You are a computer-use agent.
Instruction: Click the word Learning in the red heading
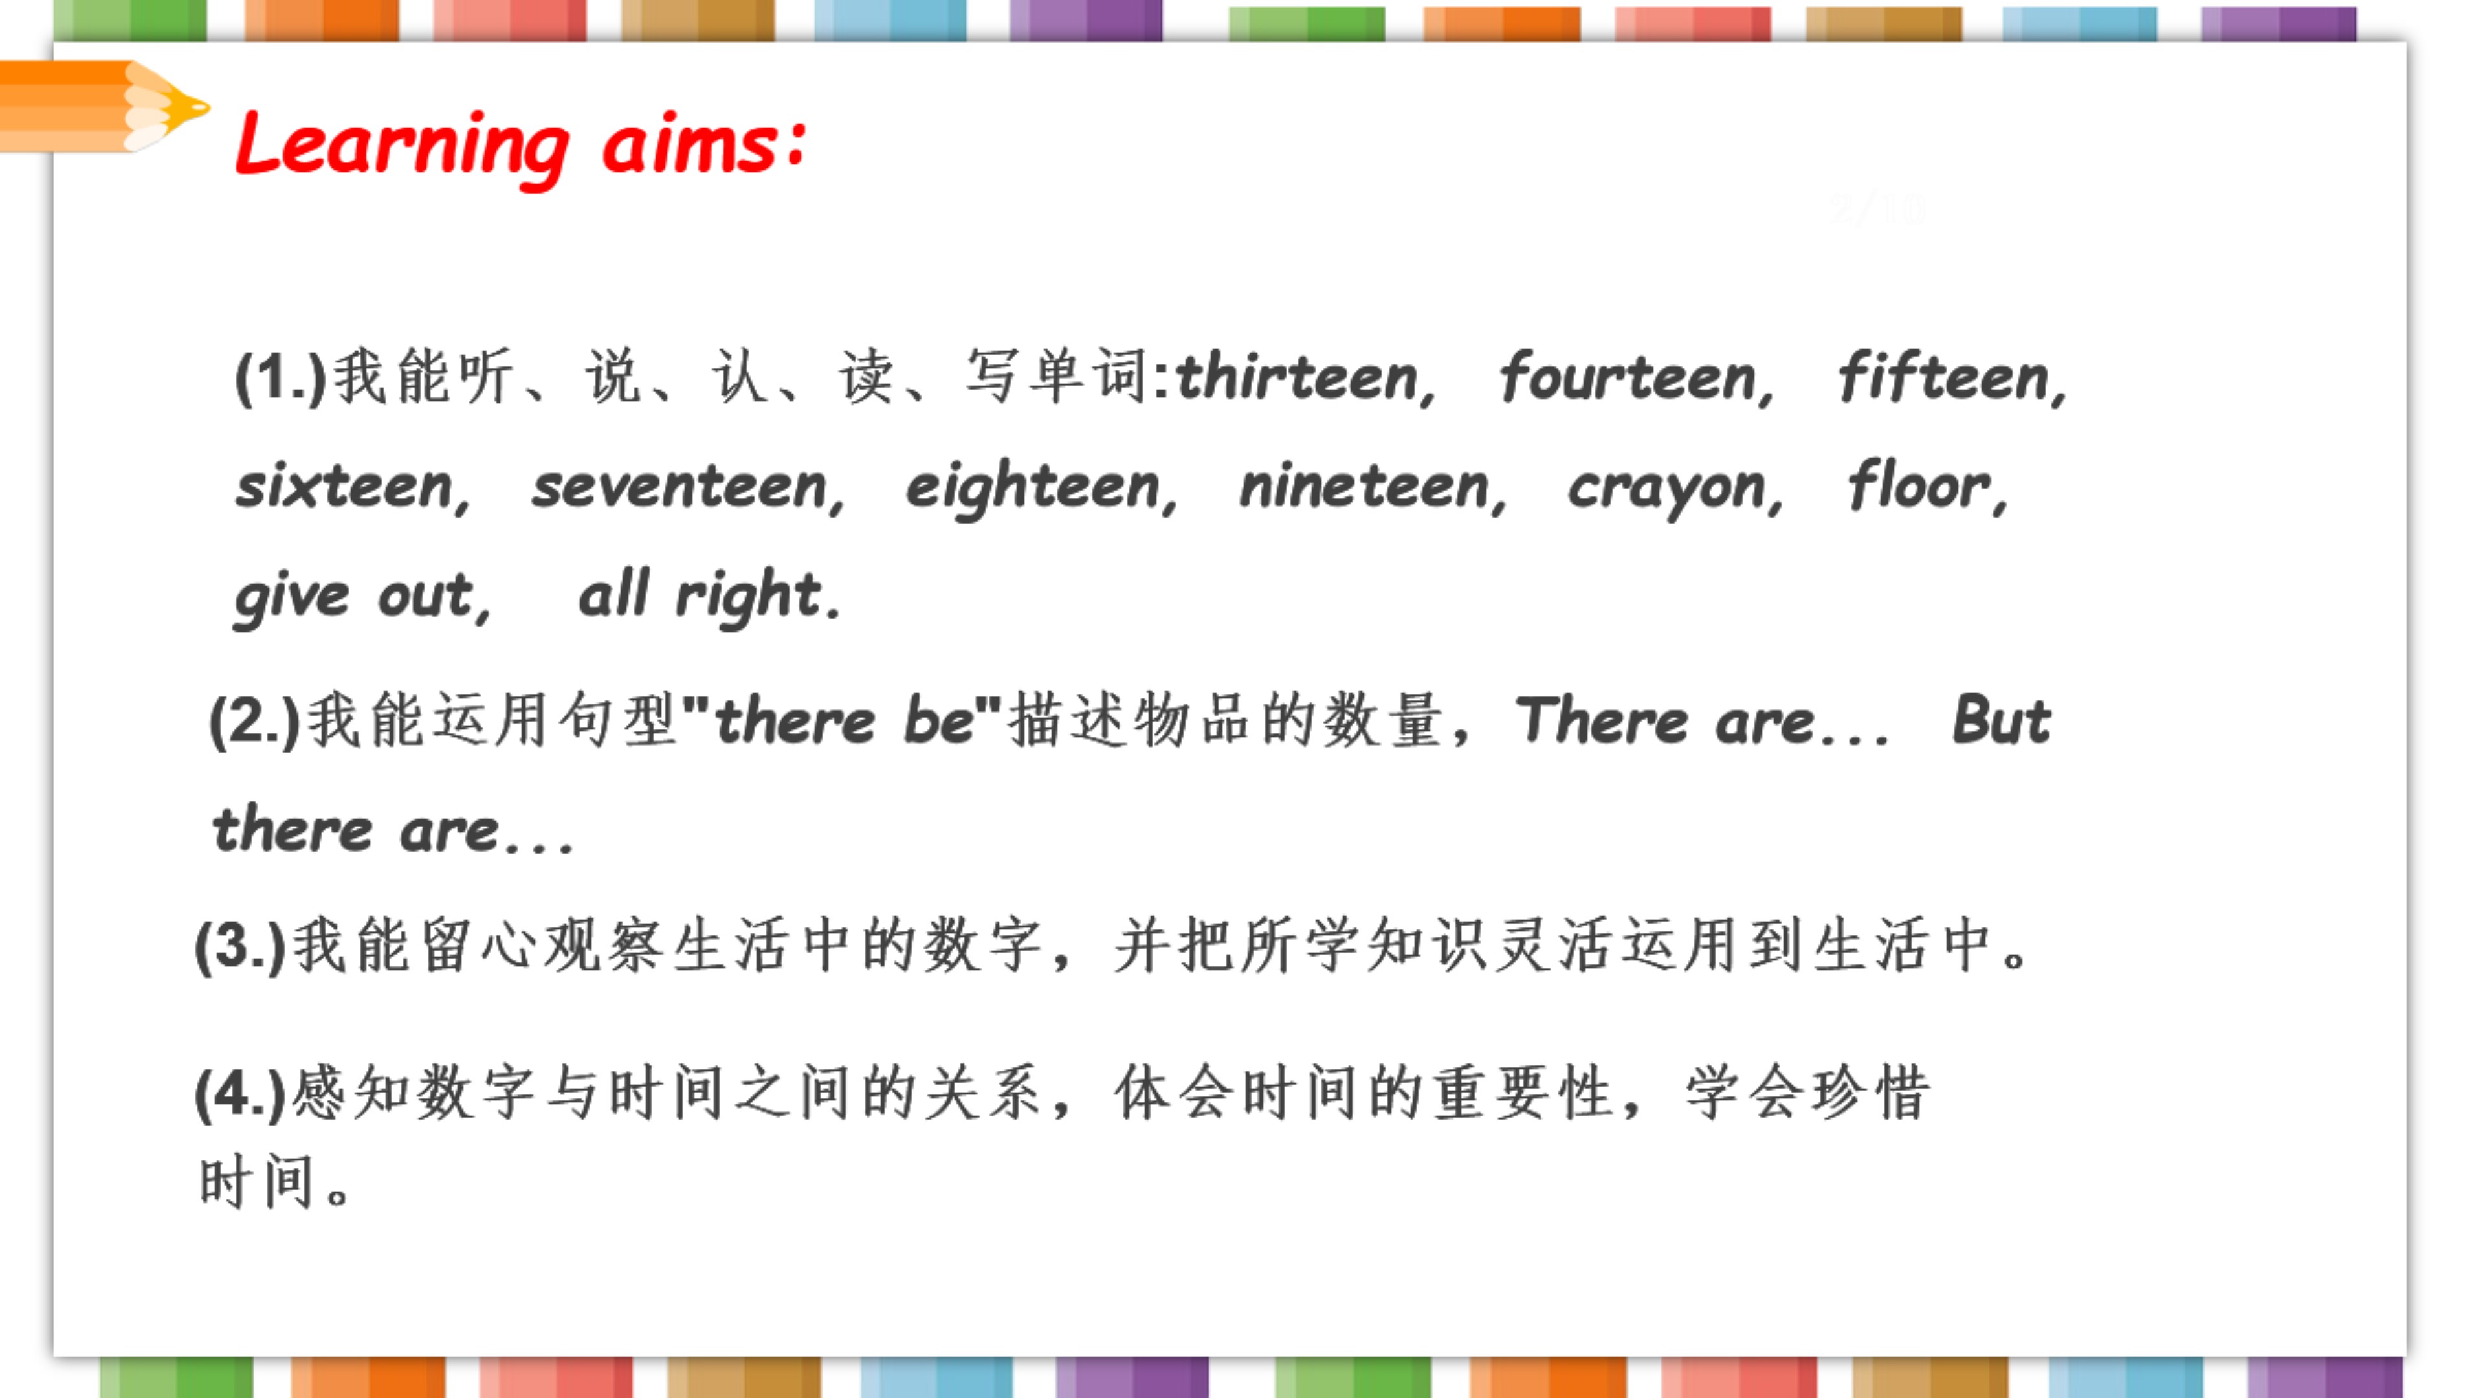tap(403, 148)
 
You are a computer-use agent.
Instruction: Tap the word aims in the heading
tap(704, 143)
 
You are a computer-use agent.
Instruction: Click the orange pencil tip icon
tap(104, 106)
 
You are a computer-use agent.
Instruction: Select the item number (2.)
tap(256, 721)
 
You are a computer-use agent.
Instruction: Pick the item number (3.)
tap(241, 946)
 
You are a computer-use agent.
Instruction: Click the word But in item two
tap(2002, 720)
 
